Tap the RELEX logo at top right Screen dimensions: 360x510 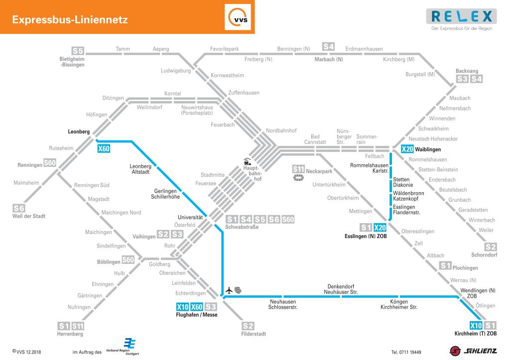click(x=461, y=17)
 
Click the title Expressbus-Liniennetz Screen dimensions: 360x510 click(x=70, y=20)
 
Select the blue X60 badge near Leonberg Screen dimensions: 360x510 click(x=104, y=148)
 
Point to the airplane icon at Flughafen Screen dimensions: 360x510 click(x=229, y=290)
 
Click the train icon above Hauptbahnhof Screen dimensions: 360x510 click(x=247, y=161)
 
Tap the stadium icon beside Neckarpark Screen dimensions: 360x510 click(x=299, y=178)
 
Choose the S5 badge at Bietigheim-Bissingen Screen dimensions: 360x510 click(x=78, y=51)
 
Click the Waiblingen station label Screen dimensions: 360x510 click(x=428, y=149)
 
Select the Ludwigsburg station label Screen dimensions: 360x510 click(x=176, y=71)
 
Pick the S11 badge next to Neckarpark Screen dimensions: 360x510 click(x=298, y=169)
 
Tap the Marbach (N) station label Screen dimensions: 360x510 click(x=329, y=60)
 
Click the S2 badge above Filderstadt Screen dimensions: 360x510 click(x=248, y=326)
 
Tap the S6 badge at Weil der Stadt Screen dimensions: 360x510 click(x=18, y=208)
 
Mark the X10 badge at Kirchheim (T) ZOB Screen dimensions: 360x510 click(x=476, y=326)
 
